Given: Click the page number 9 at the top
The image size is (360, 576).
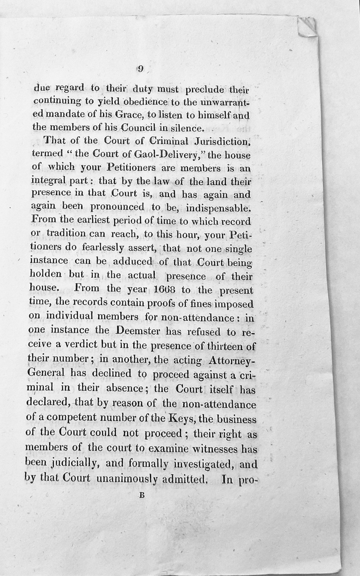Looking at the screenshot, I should (x=141, y=68).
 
